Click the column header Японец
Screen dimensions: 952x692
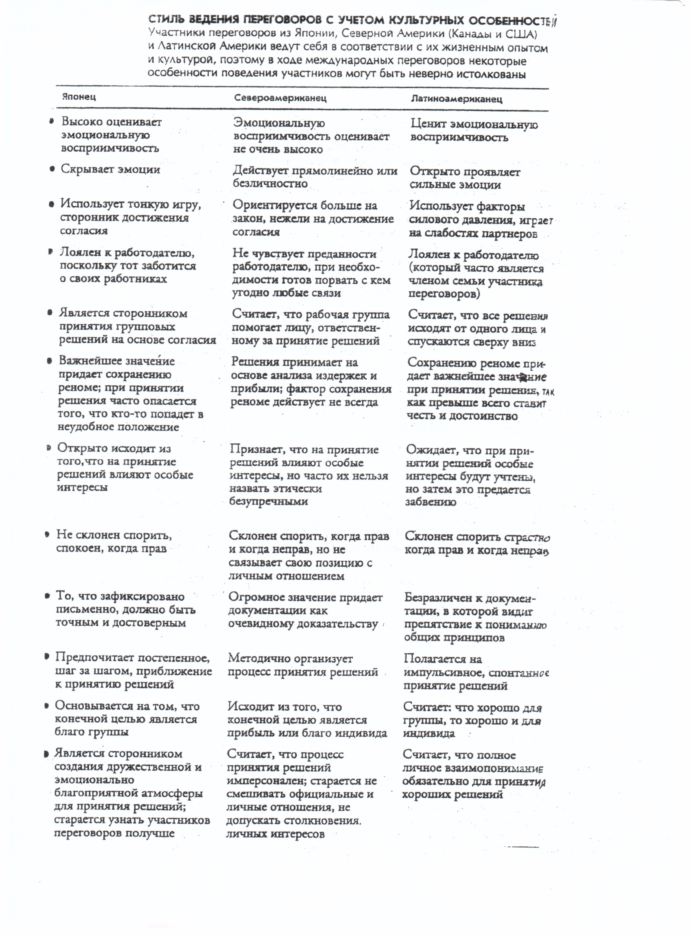pyautogui.click(x=79, y=97)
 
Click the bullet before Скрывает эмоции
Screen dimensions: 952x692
pyautogui.click(x=52, y=170)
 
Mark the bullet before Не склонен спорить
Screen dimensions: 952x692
pyautogui.click(x=48, y=535)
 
